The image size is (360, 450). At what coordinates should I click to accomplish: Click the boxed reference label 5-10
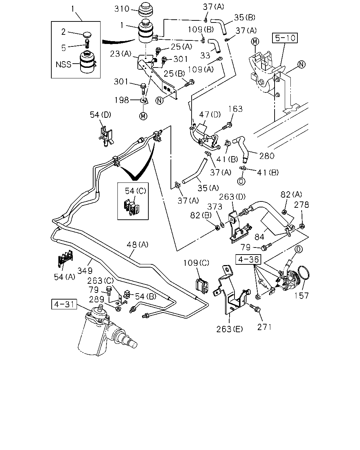pos(285,38)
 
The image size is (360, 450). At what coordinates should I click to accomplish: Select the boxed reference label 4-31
pos(64,304)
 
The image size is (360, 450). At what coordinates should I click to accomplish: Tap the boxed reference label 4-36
pos(249,259)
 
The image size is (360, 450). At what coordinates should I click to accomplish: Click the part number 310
pos(122,9)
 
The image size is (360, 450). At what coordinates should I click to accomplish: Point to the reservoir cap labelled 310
pos(146,10)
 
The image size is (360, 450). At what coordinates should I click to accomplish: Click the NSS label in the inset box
pos(63,64)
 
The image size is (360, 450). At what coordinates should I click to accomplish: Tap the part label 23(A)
pos(121,54)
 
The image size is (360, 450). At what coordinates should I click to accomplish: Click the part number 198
pos(122,100)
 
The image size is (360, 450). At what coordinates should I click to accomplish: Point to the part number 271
pos(264,327)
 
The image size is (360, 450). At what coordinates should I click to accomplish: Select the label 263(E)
pos(230,329)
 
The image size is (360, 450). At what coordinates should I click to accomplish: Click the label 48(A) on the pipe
pos(137,244)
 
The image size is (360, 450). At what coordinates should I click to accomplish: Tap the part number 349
pos(85,271)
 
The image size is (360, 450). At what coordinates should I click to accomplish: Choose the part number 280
pos(267,156)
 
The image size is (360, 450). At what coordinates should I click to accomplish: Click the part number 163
pos(235,109)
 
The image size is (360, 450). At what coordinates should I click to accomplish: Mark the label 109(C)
pos(196,263)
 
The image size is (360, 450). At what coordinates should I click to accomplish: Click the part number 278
pos(301,205)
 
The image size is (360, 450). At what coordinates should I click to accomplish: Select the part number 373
pos(214,207)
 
